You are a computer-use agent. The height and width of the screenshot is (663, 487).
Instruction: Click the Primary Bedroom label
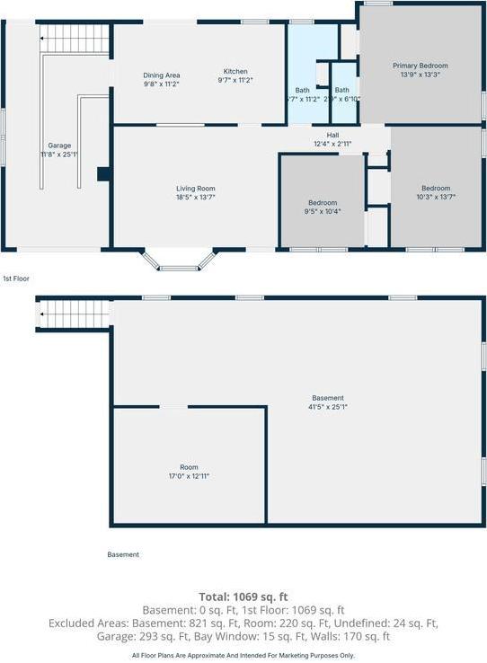pyautogui.click(x=420, y=66)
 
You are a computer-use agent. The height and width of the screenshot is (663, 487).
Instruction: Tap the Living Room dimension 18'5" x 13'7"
pyautogui.click(x=195, y=197)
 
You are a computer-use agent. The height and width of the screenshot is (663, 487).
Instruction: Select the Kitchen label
pyautogui.click(x=235, y=72)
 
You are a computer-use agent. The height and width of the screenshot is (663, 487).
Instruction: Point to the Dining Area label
pyautogui.click(x=162, y=75)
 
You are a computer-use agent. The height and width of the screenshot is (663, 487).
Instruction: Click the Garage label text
pyautogui.click(x=59, y=146)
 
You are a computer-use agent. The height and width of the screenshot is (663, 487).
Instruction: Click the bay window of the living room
pyautogui.click(x=181, y=261)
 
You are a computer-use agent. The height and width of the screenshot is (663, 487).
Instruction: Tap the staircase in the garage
pyautogui.click(x=75, y=40)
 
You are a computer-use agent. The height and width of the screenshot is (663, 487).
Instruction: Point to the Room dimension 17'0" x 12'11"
pyautogui.click(x=189, y=476)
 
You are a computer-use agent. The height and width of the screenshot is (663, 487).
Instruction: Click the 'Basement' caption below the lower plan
pyautogui.click(x=123, y=554)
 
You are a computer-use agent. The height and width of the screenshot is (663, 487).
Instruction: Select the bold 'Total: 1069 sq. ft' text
pyautogui.click(x=243, y=596)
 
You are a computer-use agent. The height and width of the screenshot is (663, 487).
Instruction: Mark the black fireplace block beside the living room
pyautogui.click(x=103, y=174)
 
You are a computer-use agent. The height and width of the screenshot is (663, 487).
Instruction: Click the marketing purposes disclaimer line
pyautogui.click(x=243, y=656)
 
